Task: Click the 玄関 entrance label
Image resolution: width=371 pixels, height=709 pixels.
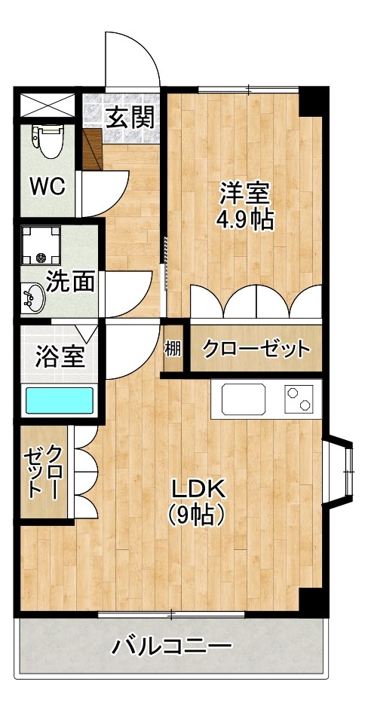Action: tap(130, 118)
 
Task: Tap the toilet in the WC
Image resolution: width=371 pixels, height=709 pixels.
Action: tap(50, 140)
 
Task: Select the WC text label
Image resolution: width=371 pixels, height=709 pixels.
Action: tap(46, 185)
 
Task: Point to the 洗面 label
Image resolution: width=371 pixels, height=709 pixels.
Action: tap(69, 281)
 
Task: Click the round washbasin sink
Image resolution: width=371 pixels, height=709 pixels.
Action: tap(33, 298)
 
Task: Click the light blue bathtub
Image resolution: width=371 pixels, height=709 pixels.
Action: tap(59, 401)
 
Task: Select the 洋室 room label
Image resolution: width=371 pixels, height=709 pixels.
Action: tap(244, 193)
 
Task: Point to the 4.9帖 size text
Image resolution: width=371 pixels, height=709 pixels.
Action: tap(244, 220)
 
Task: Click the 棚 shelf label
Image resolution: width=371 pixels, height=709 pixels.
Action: tap(173, 349)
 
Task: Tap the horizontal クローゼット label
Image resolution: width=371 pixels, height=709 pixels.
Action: tap(256, 349)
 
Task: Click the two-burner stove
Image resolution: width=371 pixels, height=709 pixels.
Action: tap(298, 399)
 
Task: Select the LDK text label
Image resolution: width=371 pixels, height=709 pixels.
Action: tap(198, 489)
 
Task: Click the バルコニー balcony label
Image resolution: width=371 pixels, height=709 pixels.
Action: tap(172, 646)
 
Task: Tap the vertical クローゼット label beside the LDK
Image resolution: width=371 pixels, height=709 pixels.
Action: tap(44, 472)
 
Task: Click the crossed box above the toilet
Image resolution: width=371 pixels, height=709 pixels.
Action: tap(46, 105)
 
